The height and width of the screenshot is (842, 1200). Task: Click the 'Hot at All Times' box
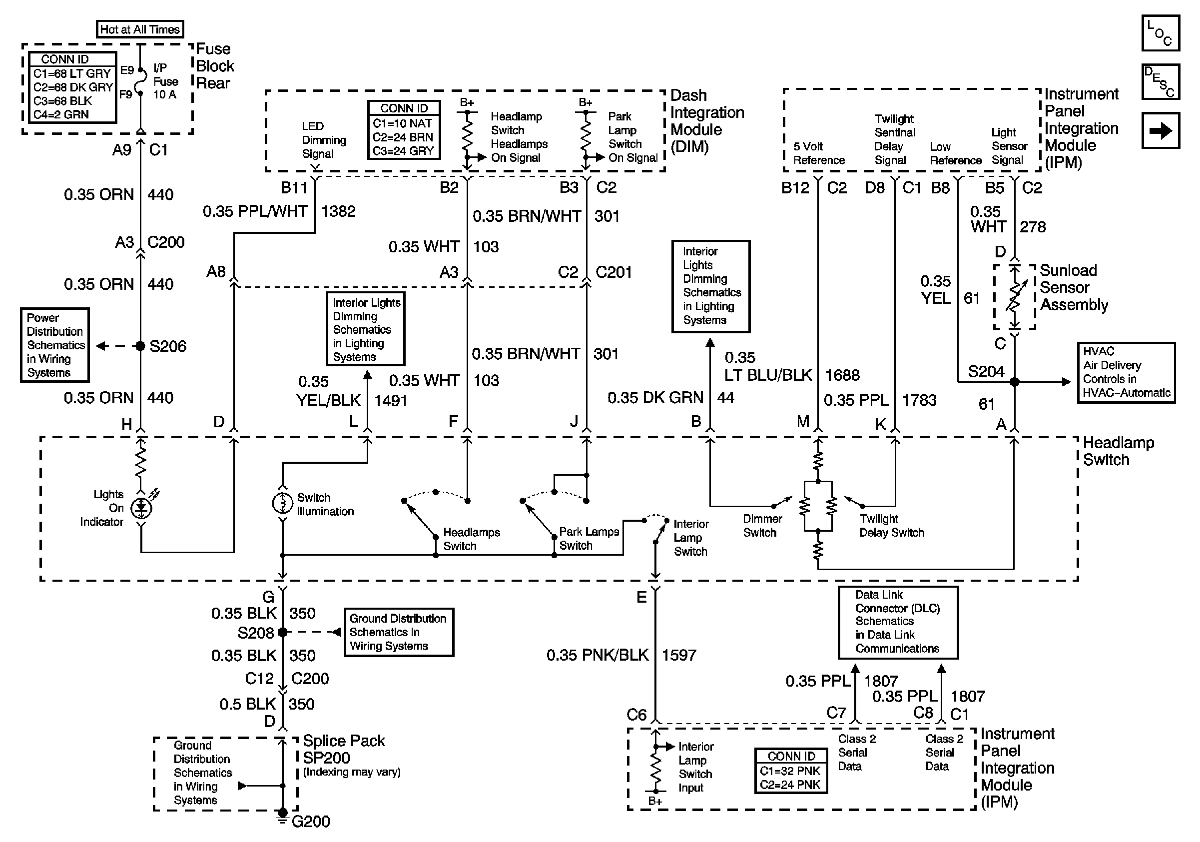pyautogui.click(x=139, y=29)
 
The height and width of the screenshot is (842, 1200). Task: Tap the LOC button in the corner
pyautogui.click(x=1160, y=33)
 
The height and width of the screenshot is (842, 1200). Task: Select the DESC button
pyautogui.click(x=1160, y=81)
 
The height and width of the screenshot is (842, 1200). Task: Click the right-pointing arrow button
pyautogui.click(x=1160, y=130)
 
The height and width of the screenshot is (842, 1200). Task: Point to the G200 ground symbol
pyautogui.click(x=283, y=815)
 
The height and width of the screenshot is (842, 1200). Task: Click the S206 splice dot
pyautogui.click(x=140, y=346)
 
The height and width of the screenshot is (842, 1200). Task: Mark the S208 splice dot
pyautogui.click(x=283, y=633)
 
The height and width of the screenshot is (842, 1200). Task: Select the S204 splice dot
pyautogui.click(x=1015, y=382)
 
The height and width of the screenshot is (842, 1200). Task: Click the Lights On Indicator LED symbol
pyautogui.click(x=141, y=508)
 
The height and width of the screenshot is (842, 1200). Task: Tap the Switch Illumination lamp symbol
pyautogui.click(x=283, y=503)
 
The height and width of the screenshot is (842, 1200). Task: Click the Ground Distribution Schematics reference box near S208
pyautogui.click(x=399, y=633)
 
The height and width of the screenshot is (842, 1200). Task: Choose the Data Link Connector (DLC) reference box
pyautogui.click(x=898, y=622)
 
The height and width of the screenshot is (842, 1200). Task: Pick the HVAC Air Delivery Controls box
pyautogui.click(x=1126, y=372)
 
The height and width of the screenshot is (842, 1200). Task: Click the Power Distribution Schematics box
pyautogui.click(x=55, y=345)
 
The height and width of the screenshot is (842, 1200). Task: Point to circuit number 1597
pyautogui.click(x=679, y=655)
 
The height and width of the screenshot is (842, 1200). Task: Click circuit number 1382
pyautogui.click(x=338, y=211)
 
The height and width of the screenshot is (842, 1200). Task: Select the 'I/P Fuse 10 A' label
pyautogui.click(x=165, y=81)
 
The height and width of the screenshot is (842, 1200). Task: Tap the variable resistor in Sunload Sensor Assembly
pyautogui.click(x=1015, y=297)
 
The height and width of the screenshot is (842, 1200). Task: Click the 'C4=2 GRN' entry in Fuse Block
pyautogui.click(x=61, y=114)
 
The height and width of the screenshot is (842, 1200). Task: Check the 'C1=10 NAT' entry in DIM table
pyautogui.click(x=403, y=124)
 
